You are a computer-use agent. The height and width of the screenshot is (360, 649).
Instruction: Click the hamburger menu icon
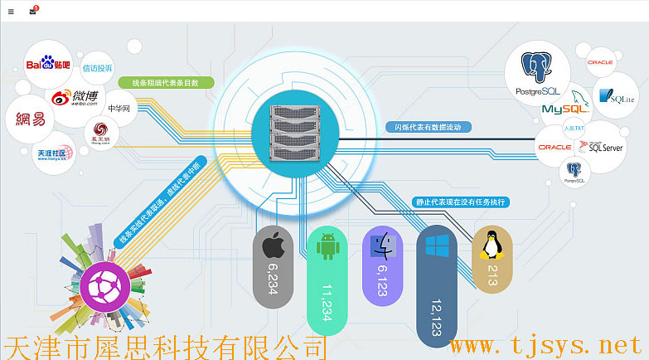point(11,11)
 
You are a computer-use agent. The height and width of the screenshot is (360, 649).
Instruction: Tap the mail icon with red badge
point(33,11)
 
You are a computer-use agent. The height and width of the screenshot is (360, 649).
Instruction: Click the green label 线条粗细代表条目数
point(167,83)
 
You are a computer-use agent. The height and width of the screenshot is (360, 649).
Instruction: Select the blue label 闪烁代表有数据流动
point(429,127)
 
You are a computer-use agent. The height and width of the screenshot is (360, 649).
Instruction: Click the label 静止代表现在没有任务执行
point(460,202)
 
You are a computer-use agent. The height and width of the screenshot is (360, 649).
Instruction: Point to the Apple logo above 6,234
point(274,246)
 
